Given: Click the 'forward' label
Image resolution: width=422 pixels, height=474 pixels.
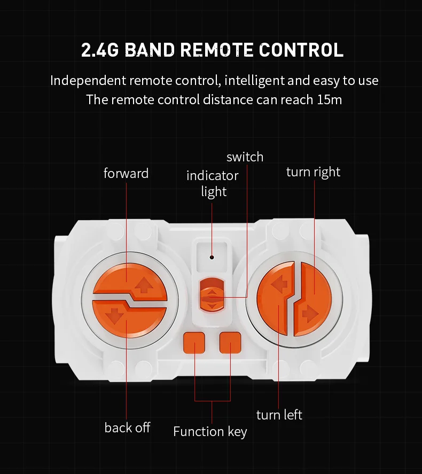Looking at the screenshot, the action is click(x=126, y=174).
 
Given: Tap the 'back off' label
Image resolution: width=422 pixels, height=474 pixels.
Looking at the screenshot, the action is click(x=127, y=428).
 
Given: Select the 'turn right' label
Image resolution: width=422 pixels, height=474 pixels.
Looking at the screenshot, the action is click(x=313, y=172).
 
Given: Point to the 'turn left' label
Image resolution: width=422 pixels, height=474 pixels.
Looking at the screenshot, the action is click(x=279, y=415).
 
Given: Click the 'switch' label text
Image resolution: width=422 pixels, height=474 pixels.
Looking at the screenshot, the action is click(x=245, y=157).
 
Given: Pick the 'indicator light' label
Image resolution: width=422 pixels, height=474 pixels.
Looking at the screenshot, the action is click(x=213, y=183).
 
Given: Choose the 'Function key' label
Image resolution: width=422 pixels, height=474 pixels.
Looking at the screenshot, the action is click(x=210, y=431).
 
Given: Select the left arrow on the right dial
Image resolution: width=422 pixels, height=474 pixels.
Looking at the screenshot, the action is click(x=278, y=286).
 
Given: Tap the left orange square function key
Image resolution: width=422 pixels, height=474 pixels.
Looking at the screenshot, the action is click(x=194, y=342).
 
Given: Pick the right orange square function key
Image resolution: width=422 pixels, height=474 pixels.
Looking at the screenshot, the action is click(x=230, y=342).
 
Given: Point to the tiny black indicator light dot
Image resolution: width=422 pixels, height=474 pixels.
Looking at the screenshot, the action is click(x=212, y=257).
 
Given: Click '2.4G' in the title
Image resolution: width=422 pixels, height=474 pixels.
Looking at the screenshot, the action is click(x=101, y=50).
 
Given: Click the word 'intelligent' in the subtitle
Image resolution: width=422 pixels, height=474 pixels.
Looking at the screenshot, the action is click(x=254, y=81).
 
